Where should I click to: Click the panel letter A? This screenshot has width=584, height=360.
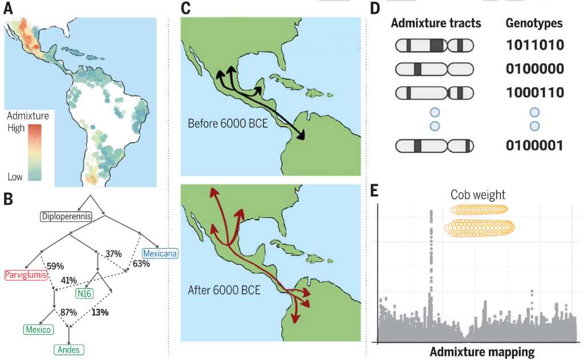[10, 9]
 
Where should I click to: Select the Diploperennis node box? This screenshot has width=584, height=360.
[67, 216]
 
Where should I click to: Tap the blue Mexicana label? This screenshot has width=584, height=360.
[160, 253]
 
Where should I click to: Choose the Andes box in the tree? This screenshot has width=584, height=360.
[68, 349]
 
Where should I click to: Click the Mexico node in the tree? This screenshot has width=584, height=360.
[38, 329]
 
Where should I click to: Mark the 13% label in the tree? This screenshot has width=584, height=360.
[99, 312]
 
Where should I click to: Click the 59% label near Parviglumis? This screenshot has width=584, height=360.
[55, 265]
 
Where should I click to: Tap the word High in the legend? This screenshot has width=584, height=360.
[16, 128]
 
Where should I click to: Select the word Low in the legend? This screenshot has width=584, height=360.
[15, 177]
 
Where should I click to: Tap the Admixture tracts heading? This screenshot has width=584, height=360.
[436, 23]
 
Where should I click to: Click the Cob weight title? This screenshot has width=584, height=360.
[478, 195]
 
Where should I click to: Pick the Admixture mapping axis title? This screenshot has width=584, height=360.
[482, 351]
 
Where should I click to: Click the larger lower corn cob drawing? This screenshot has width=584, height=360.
[480, 229]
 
